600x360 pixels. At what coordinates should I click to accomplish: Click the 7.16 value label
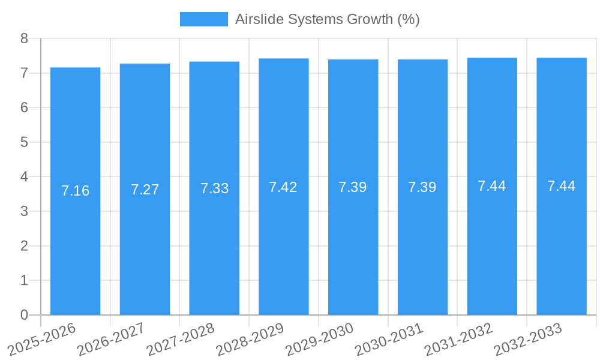[x=75, y=191]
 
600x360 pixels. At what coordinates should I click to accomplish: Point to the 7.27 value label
[x=145, y=190]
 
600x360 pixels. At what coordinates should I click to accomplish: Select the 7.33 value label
[x=214, y=188]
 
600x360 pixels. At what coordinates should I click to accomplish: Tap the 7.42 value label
[x=283, y=187]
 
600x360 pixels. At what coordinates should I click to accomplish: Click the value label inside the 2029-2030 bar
[x=353, y=187]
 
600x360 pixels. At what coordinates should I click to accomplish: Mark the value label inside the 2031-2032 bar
[x=492, y=186]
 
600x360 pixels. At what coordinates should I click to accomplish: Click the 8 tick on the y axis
[x=24, y=38]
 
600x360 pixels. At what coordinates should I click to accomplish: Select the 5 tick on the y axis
[x=24, y=142]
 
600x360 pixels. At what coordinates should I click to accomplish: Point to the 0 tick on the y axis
[x=24, y=315]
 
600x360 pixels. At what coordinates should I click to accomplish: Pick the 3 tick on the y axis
[x=24, y=211]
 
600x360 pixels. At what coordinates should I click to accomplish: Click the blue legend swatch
[x=203, y=19]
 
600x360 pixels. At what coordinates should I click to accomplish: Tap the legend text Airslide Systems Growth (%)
[x=327, y=19]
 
